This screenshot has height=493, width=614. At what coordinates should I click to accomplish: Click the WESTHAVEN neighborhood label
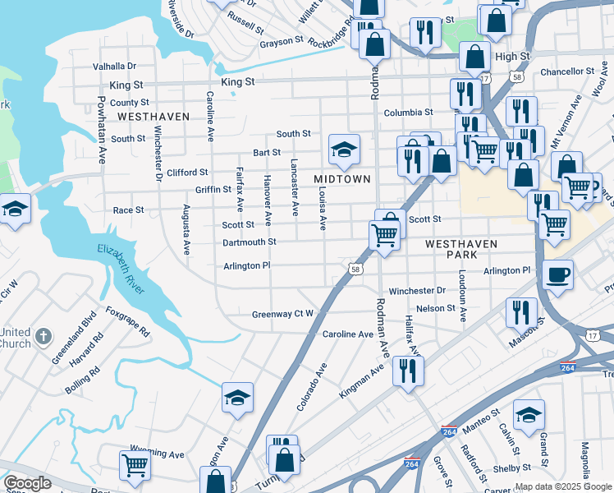click(x=153, y=117)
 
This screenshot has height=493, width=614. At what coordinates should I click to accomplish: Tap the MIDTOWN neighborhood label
click(x=342, y=179)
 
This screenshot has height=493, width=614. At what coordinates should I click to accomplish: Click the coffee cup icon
click(x=557, y=275)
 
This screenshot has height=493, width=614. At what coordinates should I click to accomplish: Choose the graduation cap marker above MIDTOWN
click(x=344, y=150)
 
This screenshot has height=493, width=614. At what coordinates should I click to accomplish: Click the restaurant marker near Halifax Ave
click(x=407, y=371)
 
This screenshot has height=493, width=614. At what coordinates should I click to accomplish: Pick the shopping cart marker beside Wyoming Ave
click(x=135, y=465)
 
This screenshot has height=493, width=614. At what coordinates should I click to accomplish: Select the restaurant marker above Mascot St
click(x=521, y=312)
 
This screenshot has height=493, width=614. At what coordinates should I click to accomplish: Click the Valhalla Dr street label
click(x=114, y=66)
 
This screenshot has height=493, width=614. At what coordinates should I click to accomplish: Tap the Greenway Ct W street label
click(x=282, y=314)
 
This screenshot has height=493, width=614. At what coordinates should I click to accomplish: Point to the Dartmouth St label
click(x=249, y=242)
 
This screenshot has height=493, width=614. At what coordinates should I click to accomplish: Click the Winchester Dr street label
click(x=416, y=291)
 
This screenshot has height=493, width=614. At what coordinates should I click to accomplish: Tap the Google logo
click(x=27, y=483)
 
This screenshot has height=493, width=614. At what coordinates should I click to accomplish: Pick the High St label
click(x=512, y=56)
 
